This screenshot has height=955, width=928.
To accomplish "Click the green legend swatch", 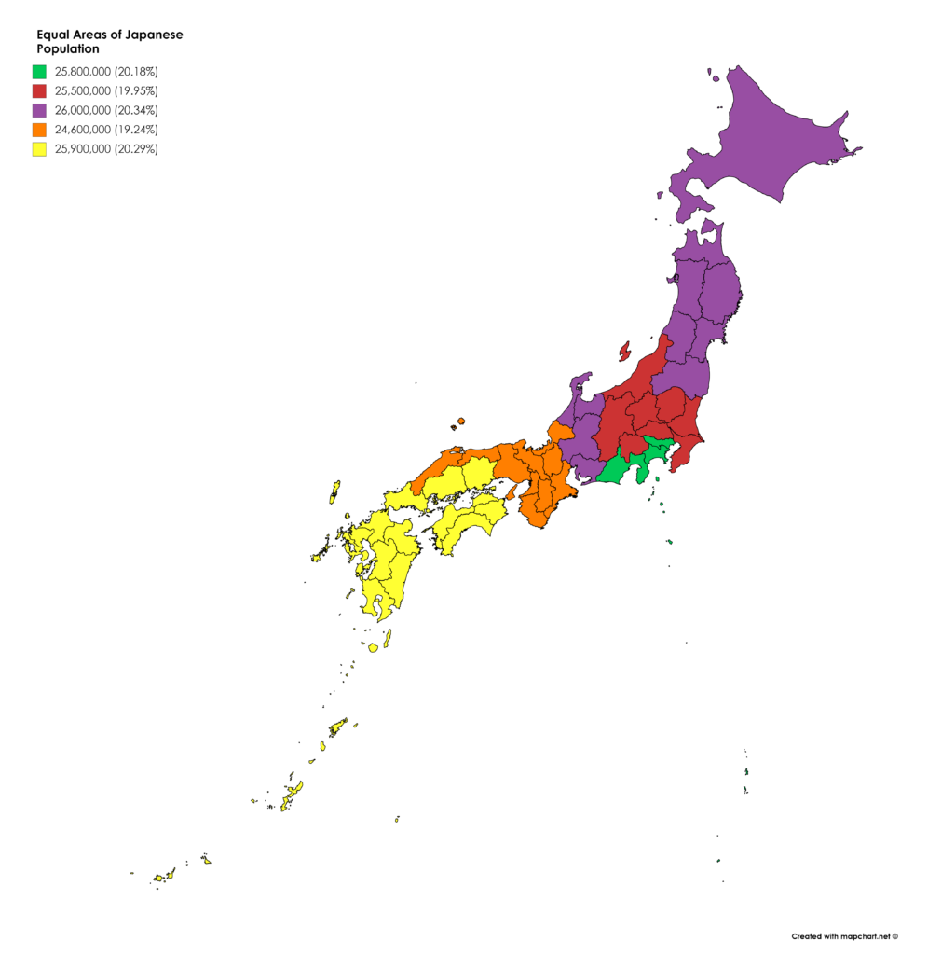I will (x=39, y=71).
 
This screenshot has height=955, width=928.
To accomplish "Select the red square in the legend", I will (x=39, y=90).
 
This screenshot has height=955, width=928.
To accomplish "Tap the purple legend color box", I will (x=39, y=110).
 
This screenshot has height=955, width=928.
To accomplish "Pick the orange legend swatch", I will (x=39, y=130).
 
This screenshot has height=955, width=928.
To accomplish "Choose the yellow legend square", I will (x=39, y=149).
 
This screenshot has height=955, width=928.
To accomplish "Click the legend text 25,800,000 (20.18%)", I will (x=106, y=71).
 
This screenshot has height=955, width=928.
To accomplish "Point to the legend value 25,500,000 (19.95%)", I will (x=106, y=90).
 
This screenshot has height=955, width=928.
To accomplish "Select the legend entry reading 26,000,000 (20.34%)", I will (x=106, y=110).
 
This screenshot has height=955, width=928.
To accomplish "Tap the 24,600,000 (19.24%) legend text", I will (x=106, y=130).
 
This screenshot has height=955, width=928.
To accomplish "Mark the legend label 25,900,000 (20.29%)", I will (x=106, y=149).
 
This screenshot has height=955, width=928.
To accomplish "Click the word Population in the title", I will (x=67, y=48).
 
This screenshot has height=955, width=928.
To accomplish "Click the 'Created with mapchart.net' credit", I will (x=844, y=935).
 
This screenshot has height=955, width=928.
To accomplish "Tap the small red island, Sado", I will (x=624, y=352).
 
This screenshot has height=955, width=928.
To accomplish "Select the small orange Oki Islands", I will (x=460, y=422).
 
